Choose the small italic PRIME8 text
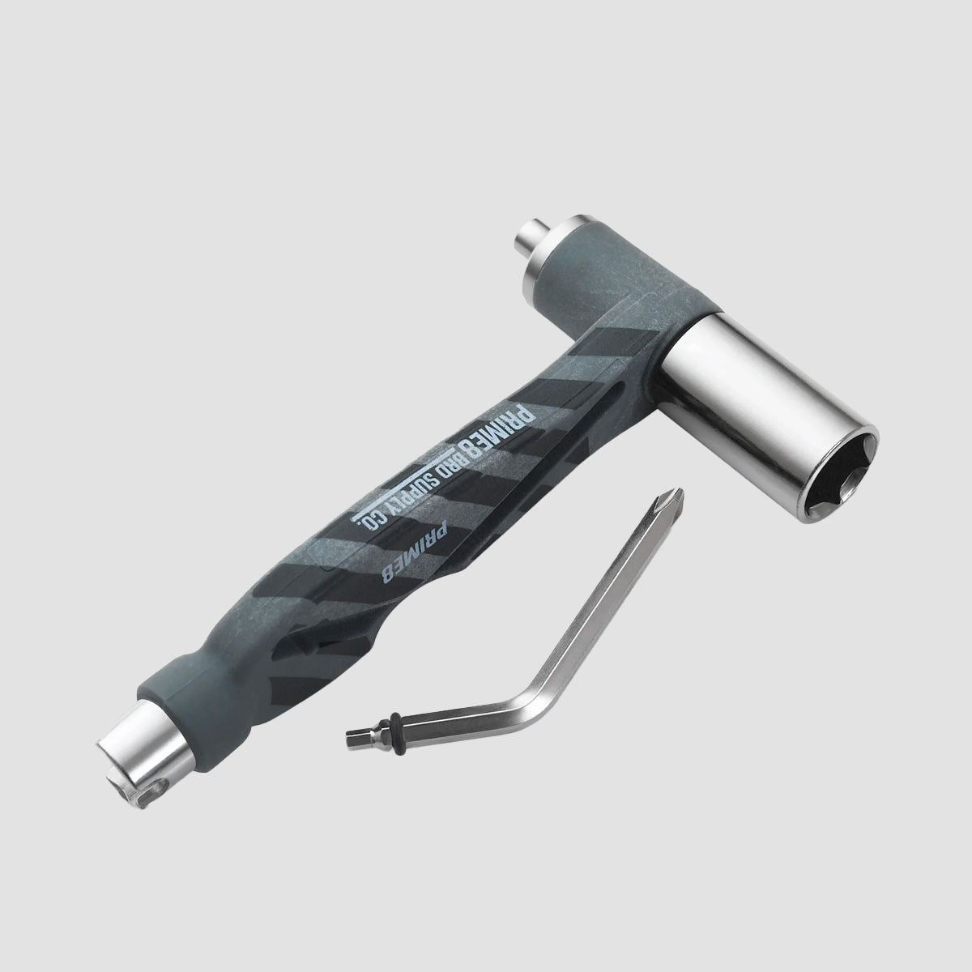(x=415, y=551)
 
